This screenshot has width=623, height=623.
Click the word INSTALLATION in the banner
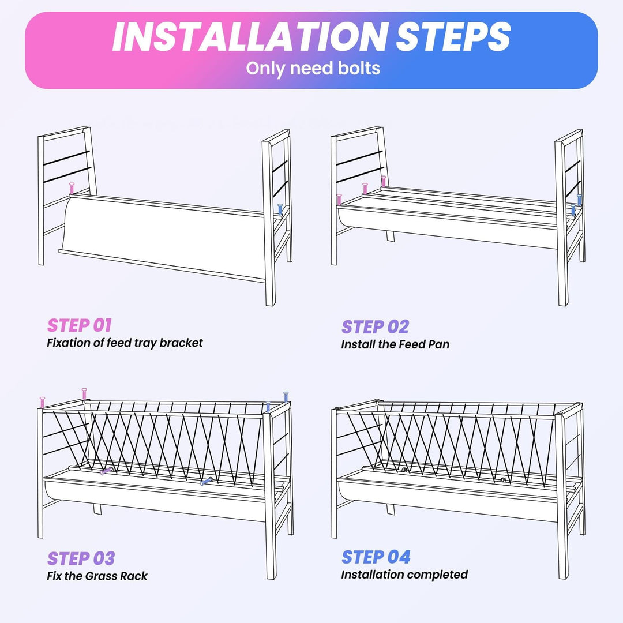(x=250, y=37)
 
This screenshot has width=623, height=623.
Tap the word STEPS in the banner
(x=453, y=37)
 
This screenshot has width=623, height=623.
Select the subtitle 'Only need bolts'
(x=313, y=68)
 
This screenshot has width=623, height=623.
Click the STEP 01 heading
(x=80, y=325)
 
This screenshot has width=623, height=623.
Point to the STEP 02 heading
(x=376, y=327)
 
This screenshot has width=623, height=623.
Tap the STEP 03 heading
(x=81, y=558)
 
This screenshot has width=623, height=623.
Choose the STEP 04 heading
(x=376, y=557)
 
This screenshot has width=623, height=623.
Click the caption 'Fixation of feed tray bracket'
(x=125, y=343)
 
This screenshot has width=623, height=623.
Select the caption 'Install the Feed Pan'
(x=395, y=344)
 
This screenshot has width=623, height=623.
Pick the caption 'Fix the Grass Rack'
(x=97, y=576)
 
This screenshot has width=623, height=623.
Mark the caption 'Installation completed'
(x=404, y=575)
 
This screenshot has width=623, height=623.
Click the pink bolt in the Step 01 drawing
(x=72, y=188)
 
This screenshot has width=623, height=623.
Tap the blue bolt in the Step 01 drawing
(x=280, y=210)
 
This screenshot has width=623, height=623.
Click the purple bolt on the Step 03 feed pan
(x=106, y=471)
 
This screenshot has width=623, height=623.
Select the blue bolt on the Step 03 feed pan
(x=207, y=481)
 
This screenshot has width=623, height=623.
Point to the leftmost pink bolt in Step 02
(x=339, y=200)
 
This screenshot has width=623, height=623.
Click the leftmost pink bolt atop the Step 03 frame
(x=43, y=402)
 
